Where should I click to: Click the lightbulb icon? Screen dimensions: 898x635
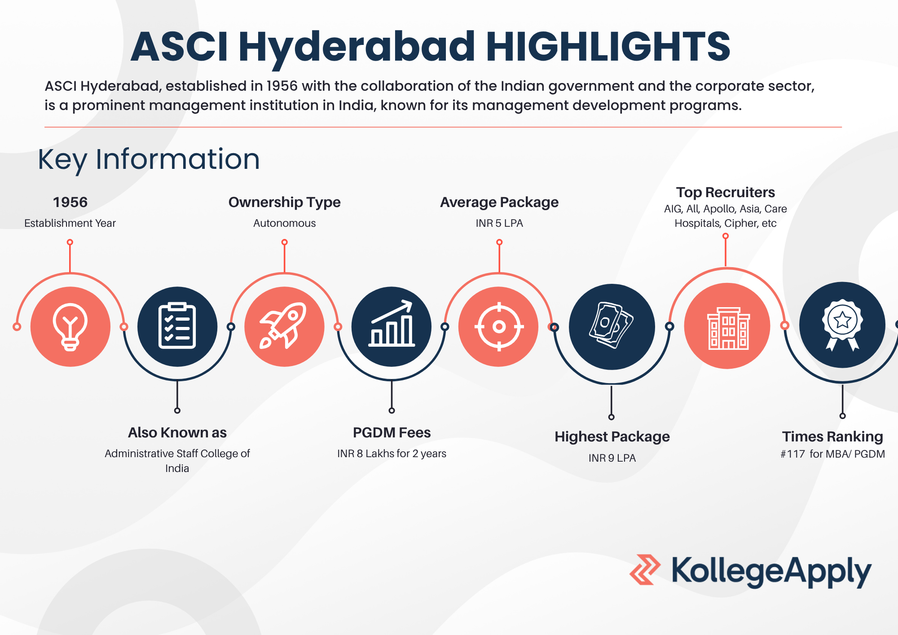(70, 327)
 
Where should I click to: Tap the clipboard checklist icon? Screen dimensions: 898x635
(177, 326)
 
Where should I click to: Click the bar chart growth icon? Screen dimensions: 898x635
(392, 323)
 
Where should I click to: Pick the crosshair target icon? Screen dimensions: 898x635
(499, 326)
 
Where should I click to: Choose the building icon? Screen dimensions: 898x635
(728, 328)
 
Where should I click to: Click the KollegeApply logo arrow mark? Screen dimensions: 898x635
(645, 569)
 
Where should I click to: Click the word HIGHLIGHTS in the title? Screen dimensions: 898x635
(608, 46)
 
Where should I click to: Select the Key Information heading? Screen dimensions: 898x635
(149, 159)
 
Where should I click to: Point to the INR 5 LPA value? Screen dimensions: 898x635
(499, 223)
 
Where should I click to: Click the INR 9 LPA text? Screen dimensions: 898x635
(612, 458)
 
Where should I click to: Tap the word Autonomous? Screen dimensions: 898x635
(284, 223)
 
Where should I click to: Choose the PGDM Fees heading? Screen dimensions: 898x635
(392, 432)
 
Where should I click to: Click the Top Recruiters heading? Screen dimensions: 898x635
(726, 192)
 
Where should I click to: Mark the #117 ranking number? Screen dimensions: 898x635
(793, 454)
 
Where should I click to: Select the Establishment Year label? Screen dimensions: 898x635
(70, 223)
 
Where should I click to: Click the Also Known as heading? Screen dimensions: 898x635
(177, 432)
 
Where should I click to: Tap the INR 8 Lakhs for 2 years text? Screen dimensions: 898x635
(392, 454)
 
